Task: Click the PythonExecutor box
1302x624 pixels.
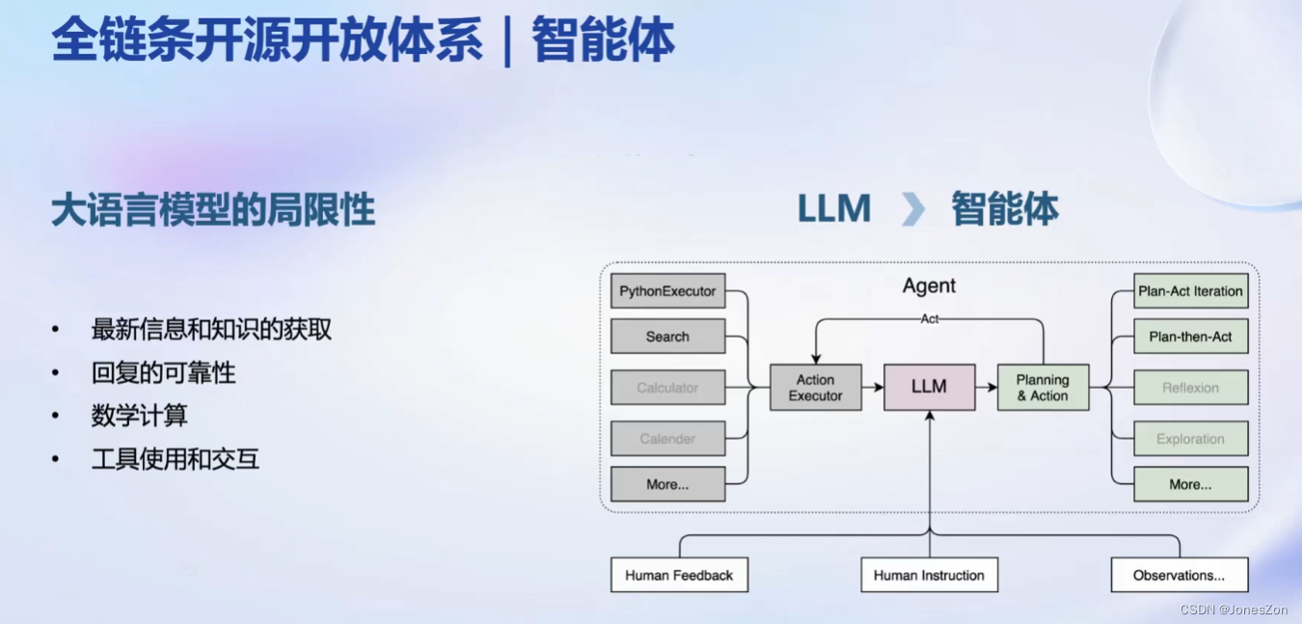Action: click(x=667, y=291)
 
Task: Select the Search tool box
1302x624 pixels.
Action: click(x=667, y=337)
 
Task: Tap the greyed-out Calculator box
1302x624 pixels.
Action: click(x=667, y=388)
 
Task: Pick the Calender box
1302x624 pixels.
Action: click(x=667, y=439)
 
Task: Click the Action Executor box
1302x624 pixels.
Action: click(x=815, y=388)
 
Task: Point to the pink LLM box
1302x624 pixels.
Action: click(x=929, y=387)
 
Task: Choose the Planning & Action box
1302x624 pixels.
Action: click(x=1043, y=388)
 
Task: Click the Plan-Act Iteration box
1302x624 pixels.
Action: click(x=1190, y=291)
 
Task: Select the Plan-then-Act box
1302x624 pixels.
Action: click(x=1190, y=337)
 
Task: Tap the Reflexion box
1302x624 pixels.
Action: click(x=1190, y=388)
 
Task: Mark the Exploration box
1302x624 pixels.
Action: click(x=1190, y=439)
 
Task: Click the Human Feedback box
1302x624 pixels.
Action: click(x=679, y=576)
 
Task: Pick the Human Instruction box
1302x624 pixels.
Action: click(x=929, y=576)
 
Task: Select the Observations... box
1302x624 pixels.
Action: click(x=1179, y=576)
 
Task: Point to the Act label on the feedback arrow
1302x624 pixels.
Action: click(x=929, y=319)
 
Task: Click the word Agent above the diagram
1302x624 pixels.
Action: click(x=929, y=285)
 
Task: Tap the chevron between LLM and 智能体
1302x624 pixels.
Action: click(x=912, y=209)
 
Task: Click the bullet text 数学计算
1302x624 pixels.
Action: click(x=139, y=416)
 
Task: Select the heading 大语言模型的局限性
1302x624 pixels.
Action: click(x=213, y=210)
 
